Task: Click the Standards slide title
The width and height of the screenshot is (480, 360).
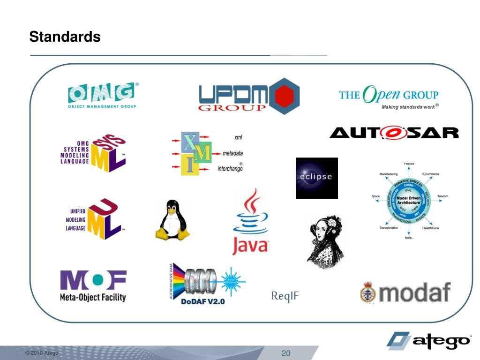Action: (x=65, y=37)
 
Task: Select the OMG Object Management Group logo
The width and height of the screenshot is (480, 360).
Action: (x=103, y=96)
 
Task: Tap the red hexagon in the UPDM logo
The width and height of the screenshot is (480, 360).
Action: (x=281, y=97)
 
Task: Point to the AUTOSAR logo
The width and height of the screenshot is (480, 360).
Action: (x=394, y=133)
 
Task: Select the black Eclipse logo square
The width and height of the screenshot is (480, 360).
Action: (x=316, y=178)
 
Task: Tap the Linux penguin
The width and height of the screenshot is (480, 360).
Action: (x=172, y=220)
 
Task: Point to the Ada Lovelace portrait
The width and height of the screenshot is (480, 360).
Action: (x=325, y=241)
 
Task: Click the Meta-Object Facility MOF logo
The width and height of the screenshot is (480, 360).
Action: (x=93, y=285)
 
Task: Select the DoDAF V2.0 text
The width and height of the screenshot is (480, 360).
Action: (x=202, y=301)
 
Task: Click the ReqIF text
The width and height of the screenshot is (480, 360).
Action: (x=285, y=296)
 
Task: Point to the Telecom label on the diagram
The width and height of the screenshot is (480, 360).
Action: (x=442, y=196)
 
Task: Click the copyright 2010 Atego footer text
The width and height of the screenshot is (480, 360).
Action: (x=42, y=353)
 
